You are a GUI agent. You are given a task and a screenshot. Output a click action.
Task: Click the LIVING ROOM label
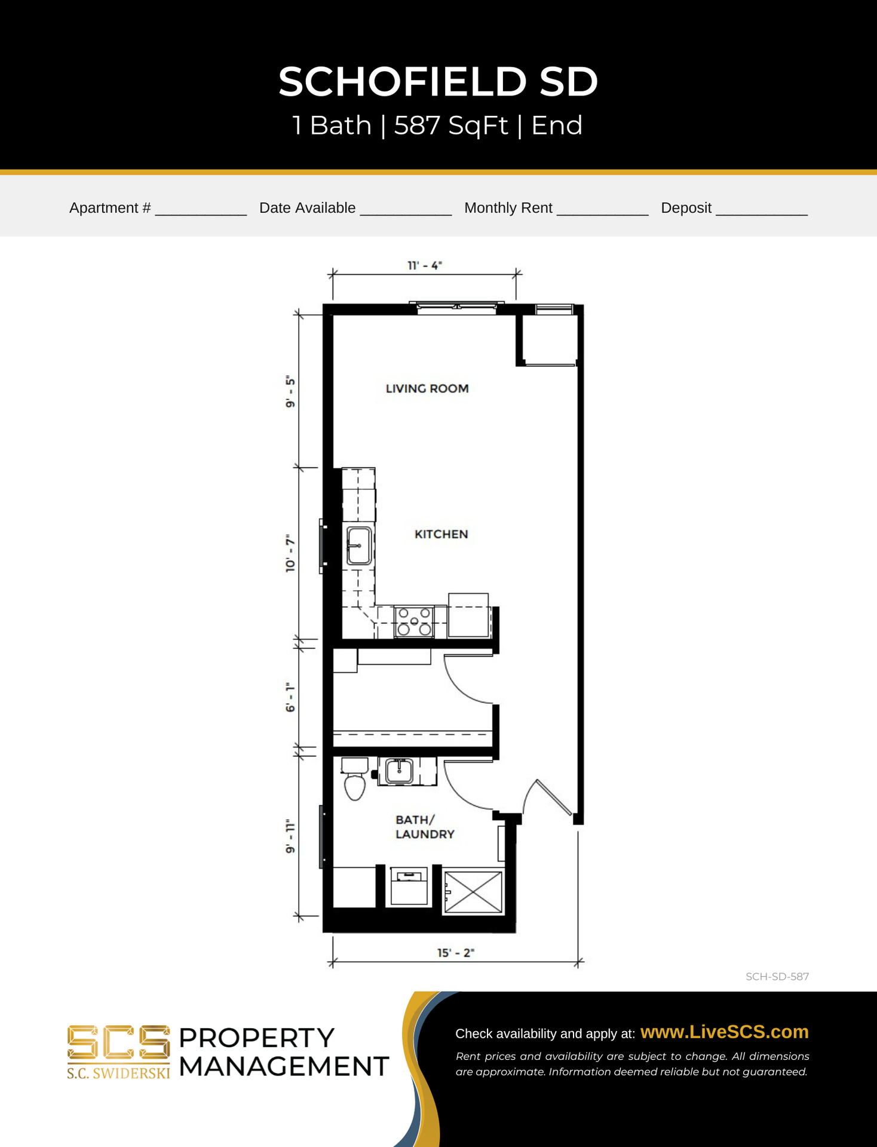point(427,389)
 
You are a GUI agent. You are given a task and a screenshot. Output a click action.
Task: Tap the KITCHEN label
point(441,534)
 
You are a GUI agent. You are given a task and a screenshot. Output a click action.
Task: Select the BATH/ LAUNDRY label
point(425,827)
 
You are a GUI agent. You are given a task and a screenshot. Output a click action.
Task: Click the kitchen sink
point(359,545)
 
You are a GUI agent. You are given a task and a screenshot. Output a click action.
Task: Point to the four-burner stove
point(414,621)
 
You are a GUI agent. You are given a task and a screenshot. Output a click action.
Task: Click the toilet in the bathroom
point(355,779)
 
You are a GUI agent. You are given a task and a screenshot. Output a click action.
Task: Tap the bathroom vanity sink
point(399,771)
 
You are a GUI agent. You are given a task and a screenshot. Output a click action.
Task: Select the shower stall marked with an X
point(473,892)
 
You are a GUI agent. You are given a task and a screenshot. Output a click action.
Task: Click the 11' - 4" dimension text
point(424,265)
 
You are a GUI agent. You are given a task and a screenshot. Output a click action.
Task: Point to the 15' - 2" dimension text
point(455,952)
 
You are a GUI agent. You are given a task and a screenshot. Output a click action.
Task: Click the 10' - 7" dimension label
point(290,554)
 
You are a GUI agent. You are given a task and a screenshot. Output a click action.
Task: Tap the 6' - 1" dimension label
point(290,697)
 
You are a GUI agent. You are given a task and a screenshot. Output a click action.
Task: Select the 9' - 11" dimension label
point(290,836)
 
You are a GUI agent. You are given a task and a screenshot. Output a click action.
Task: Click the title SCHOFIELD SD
point(438,81)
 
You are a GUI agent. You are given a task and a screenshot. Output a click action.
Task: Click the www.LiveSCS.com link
point(724,1032)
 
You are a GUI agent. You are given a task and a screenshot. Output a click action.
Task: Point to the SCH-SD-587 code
point(777,977)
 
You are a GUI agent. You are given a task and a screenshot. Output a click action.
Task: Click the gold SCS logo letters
point(118,1043)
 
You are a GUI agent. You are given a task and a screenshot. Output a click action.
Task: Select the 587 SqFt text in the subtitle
point(451,125)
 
